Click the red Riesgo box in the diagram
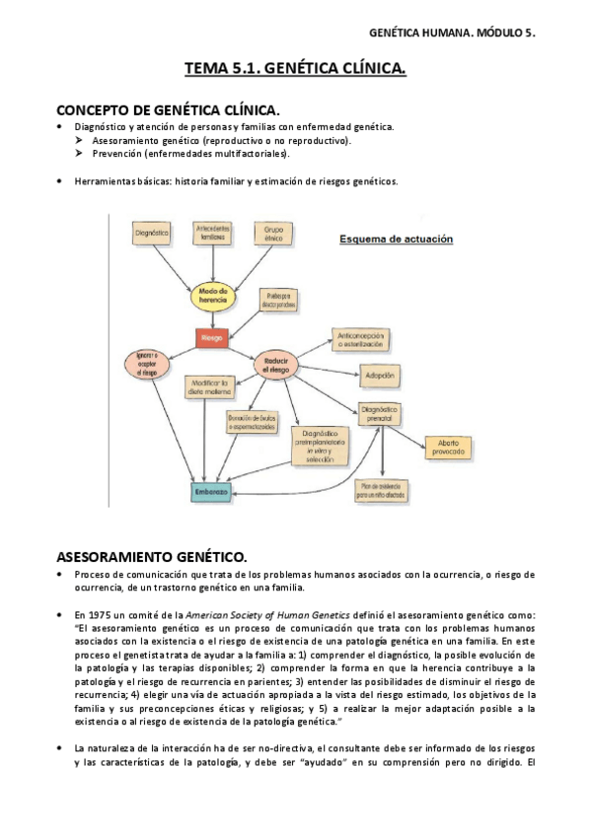point(211,338)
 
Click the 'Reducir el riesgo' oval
point(276,365)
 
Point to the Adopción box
point(380,376)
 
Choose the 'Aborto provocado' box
point(450,448)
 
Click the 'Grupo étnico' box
point(272,234)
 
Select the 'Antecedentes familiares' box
point(211,232)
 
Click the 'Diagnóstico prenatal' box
point(379,417)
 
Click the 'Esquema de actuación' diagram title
point(396,239)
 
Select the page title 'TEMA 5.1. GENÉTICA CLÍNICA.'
point(295,69)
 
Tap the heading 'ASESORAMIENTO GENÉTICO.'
point(151,556)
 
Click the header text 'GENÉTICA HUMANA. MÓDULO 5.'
point(451,32)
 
